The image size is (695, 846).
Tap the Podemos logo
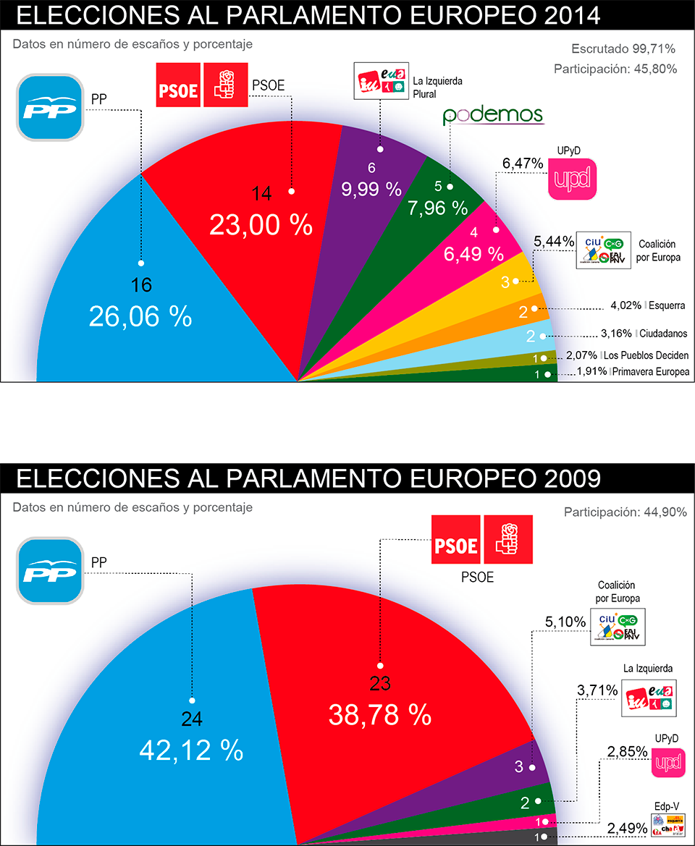[493, 115]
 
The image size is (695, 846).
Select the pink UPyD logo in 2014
[572, 178]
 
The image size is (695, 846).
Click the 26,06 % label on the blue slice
[140, 316]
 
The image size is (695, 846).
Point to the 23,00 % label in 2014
[261, 225]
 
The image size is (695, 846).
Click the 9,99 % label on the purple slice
[371, 189]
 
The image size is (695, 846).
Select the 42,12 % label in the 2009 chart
[190, 750]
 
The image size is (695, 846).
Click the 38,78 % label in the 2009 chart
[380, 715]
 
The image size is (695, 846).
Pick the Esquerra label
[667, 305]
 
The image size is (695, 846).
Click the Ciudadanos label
[664, 334]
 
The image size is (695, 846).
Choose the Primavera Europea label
[651, 372]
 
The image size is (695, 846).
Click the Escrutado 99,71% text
[623, 49]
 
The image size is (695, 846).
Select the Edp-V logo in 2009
[667, 824]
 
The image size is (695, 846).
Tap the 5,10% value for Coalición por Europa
[563, 621]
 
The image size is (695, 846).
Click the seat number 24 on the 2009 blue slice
[192, 719]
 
